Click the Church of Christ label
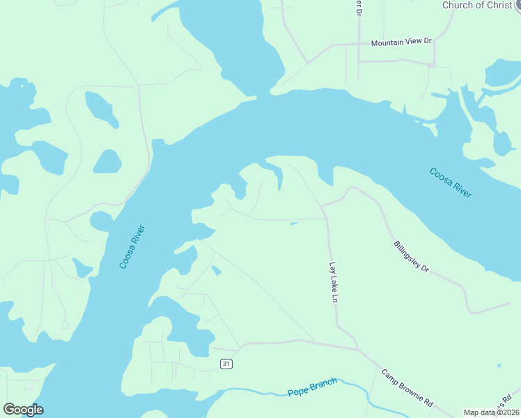click(477, 6)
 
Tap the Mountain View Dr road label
click(401, 42)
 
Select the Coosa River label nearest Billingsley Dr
click(451, 183)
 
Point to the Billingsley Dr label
click(412, 257)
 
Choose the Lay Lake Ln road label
click(334, 282)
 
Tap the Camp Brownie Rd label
click(407, 387)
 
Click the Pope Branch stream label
click(312, 387)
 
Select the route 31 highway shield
click(225, 364)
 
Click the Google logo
click(23, 409)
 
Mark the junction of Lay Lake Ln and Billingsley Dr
click(322, 206)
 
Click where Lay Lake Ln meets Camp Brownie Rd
click(357, 348)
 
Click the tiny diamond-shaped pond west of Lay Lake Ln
click(216, 270)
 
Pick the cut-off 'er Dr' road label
click(359, 8)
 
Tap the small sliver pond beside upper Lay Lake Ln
click(295, 224)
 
